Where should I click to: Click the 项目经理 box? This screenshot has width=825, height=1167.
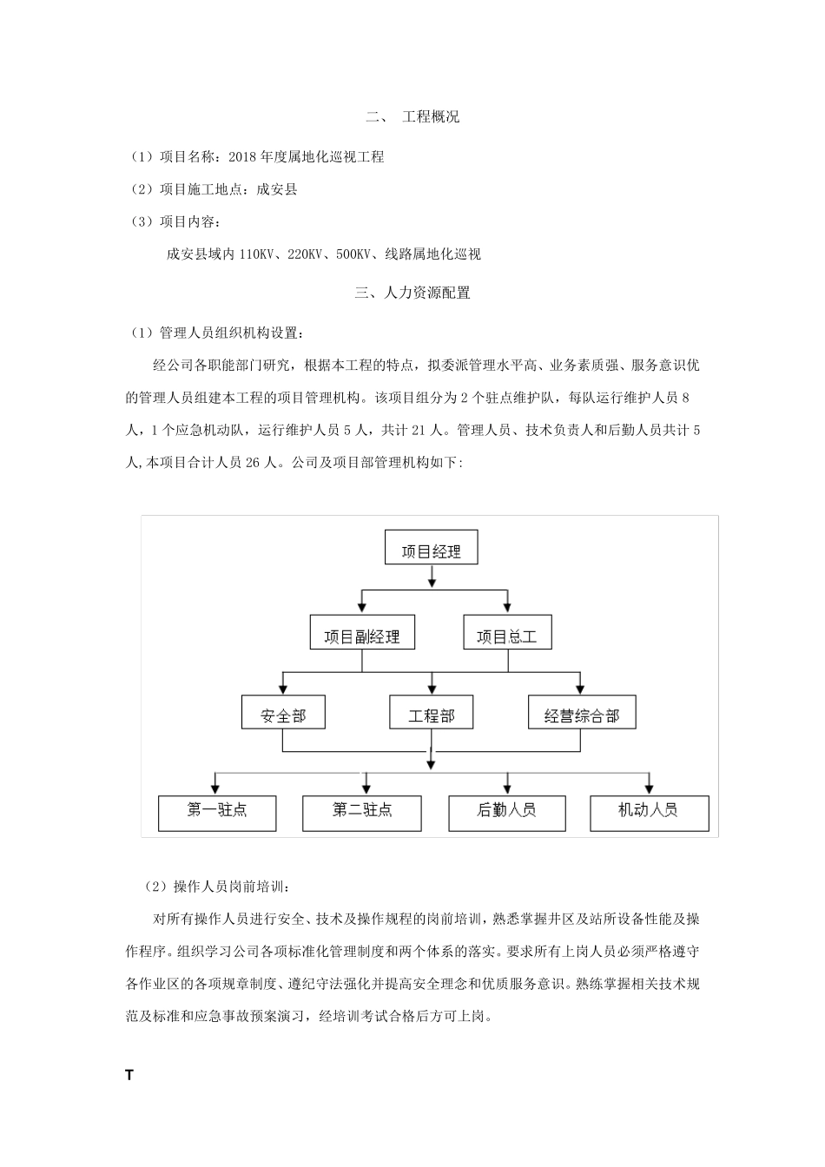[x=431, y=550]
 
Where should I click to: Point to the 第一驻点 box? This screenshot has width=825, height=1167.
[x=217, y=812]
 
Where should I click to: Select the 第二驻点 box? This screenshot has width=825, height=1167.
[x=361, y=812]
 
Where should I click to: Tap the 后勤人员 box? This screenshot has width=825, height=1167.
[x=506, y=812]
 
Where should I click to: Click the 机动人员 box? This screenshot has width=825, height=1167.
[x=649, y=812]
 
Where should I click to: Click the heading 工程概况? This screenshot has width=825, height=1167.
[x=431, y=116]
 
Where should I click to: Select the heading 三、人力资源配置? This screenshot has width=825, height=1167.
[x=412, y=293]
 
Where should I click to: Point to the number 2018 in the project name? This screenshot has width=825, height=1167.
[x=241, y=157]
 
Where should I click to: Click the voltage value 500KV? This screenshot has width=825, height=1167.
[x=353, y=254]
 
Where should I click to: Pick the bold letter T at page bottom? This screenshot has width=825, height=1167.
[x=129, y=1075]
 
